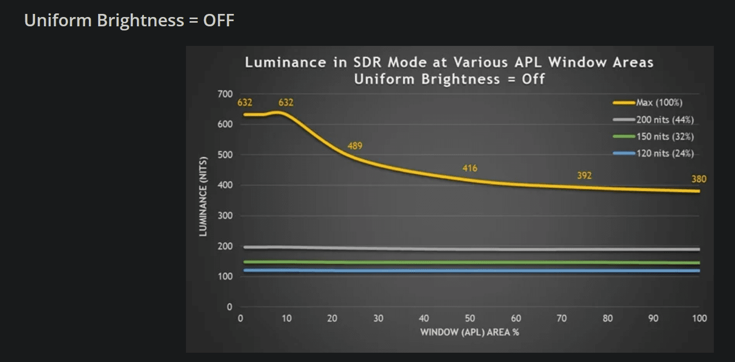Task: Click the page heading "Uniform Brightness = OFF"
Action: coord(129,21)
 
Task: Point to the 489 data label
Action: coord(355,146)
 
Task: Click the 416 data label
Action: coord(470,168)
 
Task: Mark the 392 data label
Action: coord(584,176)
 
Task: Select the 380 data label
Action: coord(699,179)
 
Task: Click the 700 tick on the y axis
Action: coord(226,94)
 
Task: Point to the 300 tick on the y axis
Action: coord(226,216)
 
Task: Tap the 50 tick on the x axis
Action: coord(470,318)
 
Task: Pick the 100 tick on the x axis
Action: coord(699,318)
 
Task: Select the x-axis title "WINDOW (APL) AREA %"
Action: coord(470,332)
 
